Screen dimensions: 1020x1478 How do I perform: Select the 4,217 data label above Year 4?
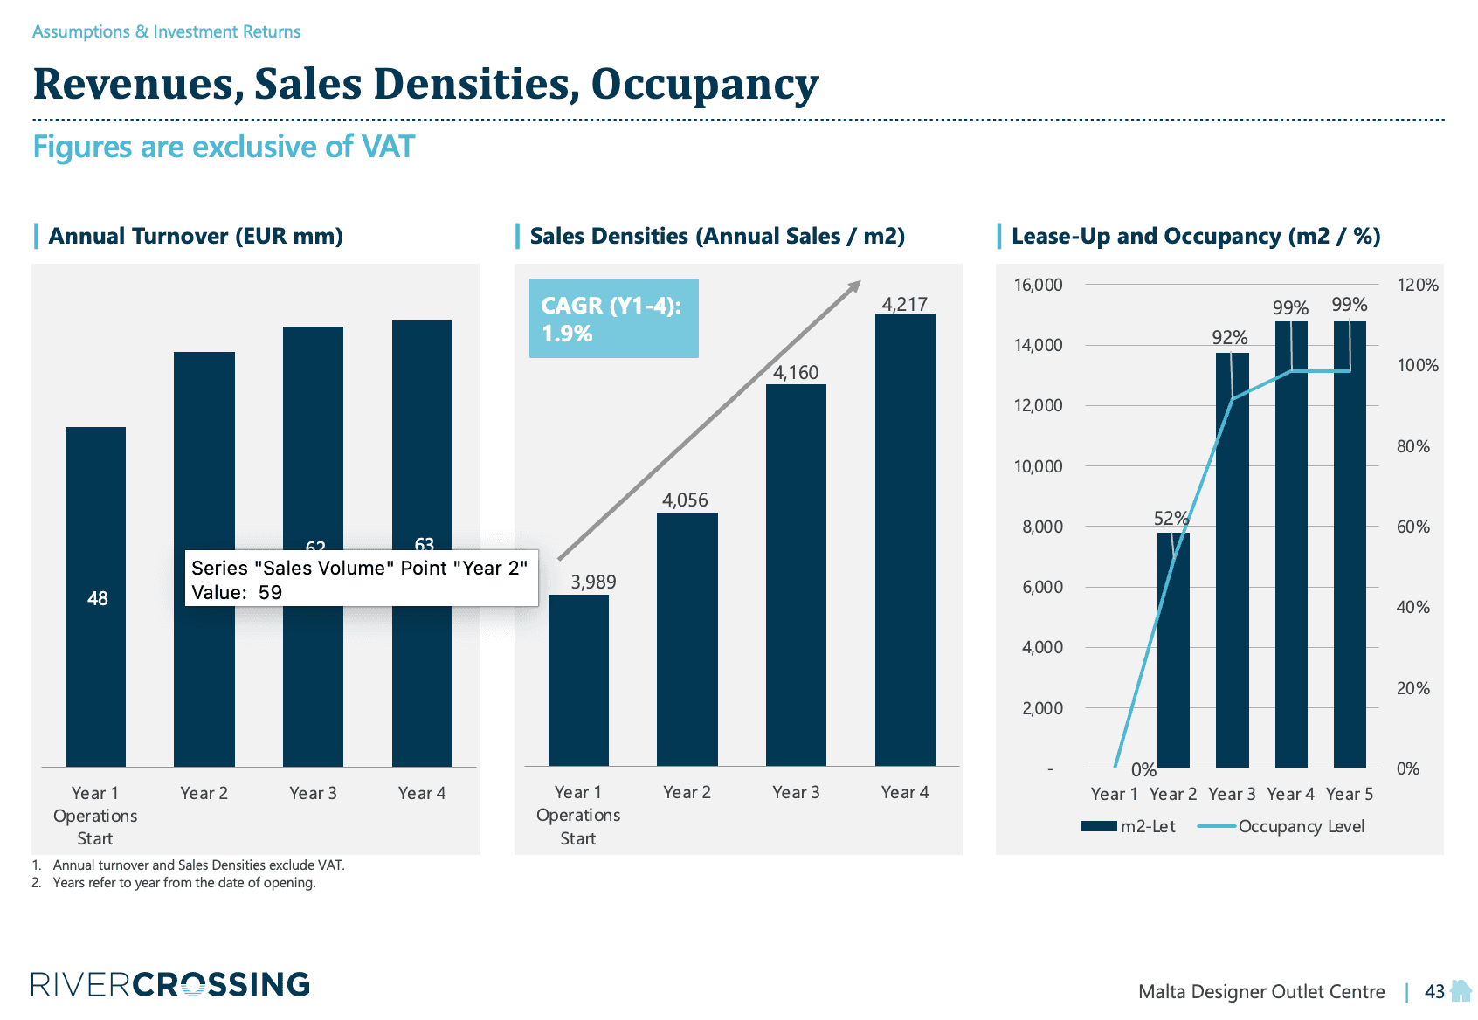[904, 304]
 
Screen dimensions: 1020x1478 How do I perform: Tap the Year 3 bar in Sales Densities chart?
[796, 576]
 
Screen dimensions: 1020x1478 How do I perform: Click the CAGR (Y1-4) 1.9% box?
[613, 319]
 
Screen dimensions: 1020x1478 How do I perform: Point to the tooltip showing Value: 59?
[361, 579]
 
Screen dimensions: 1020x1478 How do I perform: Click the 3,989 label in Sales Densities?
[593, 582]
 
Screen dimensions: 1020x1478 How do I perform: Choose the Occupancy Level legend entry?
[1281, 826]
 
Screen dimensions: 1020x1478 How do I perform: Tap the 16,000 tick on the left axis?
[1038, 285]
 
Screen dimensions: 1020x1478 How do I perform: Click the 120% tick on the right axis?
[1417, 285]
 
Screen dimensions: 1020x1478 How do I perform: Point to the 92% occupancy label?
[1229, 337]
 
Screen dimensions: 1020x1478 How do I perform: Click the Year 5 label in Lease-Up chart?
[1349, 794]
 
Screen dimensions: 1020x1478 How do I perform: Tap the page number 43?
[1434, 991]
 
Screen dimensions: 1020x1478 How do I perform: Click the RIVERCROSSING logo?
[170, 984]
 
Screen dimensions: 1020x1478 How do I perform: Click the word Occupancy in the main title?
[704, 85]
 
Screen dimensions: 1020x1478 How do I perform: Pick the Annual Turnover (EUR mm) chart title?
[196, 236]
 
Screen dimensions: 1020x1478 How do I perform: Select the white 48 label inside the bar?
[97, 598]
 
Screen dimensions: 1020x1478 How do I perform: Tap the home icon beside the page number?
[1461, 990]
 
